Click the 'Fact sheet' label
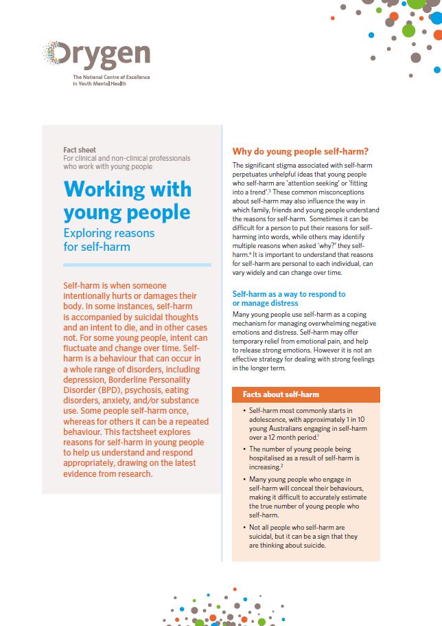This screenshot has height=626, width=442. pos(80,150)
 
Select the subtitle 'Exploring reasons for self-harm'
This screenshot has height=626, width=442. pos(108,239)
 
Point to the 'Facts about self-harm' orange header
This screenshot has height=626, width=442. pos(281,394)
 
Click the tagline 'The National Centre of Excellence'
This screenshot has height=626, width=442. pos(110,78)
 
